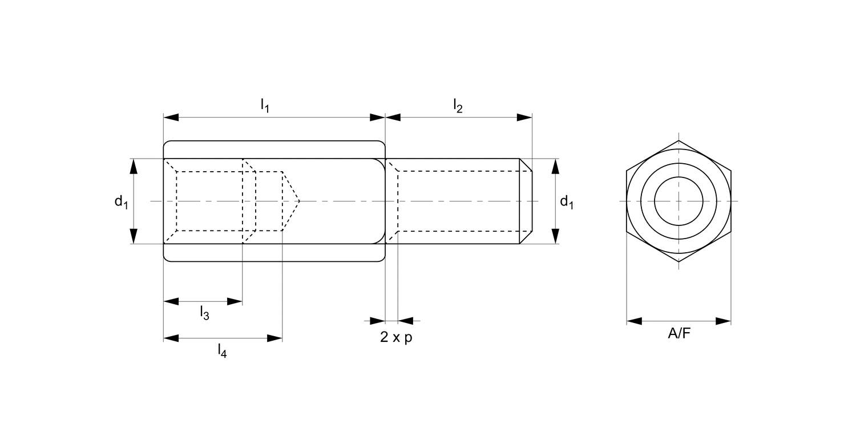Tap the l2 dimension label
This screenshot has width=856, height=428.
point(458,105)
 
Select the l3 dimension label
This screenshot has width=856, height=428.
point(204,312)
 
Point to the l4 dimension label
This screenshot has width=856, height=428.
point(222,350)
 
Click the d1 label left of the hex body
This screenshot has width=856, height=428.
point(120,201)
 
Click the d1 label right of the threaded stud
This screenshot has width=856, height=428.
point(566,201)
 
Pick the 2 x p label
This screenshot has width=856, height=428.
point(396,337)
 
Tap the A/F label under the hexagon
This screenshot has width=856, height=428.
point(679,334)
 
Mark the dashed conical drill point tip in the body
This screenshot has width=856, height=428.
point(298,201)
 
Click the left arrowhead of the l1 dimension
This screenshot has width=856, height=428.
point(171,117)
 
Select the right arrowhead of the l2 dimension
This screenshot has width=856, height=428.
point(525,117)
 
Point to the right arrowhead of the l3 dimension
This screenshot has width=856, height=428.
point(235,301)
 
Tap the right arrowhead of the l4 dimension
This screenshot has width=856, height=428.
point(275,338)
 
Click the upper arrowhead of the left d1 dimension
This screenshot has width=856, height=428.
point(134,166)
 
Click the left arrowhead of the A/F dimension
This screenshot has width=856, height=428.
point(634,321)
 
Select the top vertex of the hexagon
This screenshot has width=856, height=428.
point(679,140)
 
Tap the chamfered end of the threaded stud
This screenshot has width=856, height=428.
point(526,201)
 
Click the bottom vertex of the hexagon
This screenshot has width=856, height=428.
point(679,262)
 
